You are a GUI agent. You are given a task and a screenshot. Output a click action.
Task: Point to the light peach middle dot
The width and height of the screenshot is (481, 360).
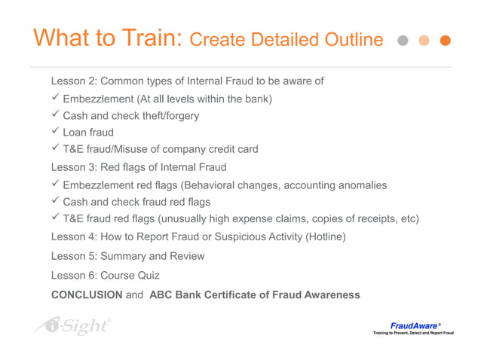425,40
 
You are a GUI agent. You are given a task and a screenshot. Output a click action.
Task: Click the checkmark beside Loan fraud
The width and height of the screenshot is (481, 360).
55,133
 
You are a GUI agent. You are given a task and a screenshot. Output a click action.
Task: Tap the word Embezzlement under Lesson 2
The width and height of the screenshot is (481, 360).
97,99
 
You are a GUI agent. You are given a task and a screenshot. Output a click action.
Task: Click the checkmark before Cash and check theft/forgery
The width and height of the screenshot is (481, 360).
55,115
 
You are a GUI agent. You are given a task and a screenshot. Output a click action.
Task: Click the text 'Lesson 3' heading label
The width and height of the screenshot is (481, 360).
72,167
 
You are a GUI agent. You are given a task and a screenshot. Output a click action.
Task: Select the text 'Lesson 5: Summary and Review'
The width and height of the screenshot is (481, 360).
127,256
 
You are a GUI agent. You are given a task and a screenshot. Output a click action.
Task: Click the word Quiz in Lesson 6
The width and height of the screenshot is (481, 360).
148,275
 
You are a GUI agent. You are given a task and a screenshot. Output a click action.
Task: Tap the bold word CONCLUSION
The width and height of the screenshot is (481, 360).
86,294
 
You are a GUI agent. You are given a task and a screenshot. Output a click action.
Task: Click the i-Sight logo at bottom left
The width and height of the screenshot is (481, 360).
72,326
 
